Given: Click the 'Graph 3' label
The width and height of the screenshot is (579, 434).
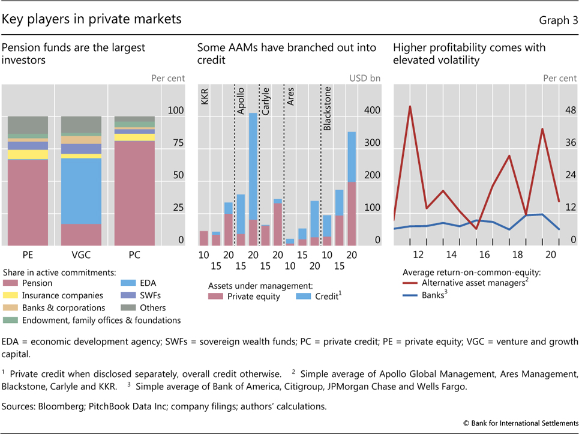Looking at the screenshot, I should point(559,20).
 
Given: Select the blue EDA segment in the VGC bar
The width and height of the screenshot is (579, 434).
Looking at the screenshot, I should point(81,191).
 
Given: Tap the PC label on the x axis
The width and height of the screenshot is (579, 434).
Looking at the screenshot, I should point(135,255).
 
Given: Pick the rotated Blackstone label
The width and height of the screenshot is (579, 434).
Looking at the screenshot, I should point(327,109).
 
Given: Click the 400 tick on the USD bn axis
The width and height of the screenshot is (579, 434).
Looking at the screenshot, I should point(373,111).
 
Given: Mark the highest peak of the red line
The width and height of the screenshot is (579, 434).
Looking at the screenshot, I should point(410,106).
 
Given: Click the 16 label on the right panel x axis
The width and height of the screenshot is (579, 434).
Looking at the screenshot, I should point(484,255).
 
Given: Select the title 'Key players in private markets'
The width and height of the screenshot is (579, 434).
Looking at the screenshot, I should point(91,19).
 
